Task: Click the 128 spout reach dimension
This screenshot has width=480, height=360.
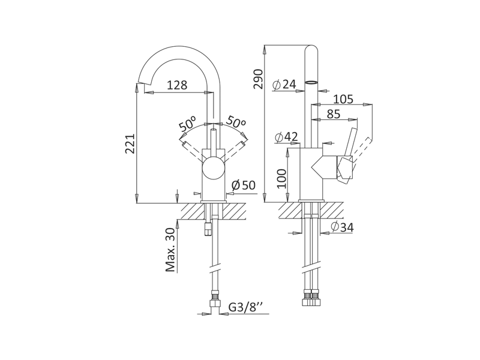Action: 177,85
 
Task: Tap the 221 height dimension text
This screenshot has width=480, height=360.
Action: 130,143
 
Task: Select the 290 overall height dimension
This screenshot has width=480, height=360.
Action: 259,79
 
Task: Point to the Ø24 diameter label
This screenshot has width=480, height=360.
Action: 284,84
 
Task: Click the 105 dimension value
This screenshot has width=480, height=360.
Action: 343,99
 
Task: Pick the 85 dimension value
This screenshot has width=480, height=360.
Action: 334,114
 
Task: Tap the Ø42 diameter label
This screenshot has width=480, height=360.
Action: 286,137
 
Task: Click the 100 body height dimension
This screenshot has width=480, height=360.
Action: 281,178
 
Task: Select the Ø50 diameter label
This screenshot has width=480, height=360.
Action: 244,185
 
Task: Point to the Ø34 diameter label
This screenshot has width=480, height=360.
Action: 342,227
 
